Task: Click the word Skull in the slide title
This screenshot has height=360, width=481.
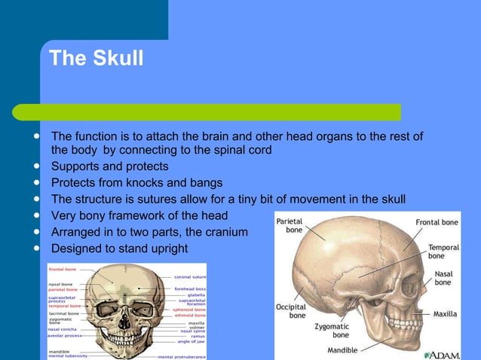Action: pyautogui.click(x=118, y=58)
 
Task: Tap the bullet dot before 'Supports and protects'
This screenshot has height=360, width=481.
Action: pyautogui.click(x=35, y=166)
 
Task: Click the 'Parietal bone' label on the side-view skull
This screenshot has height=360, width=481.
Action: pyautogui.click(x=290, y=226)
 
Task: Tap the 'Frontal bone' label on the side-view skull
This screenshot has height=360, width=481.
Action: pyautogui.click(x=437, y=223)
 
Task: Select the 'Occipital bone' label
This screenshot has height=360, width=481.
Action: pyautogui.click(x=291, y=312)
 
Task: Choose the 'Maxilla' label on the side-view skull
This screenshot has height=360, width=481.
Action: pyautogui.click(x=452, y=313)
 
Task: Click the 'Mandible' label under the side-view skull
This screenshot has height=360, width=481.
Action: pyautogui.click(x=348, y=350)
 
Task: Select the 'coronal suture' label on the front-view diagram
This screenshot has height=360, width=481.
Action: pyautogui.click(x=190, y=276)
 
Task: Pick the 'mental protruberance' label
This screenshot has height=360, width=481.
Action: pyautogui.click(x=182, y=355)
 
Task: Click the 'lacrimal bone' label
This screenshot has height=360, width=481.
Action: pyautogui.click(x=63, y=313)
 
